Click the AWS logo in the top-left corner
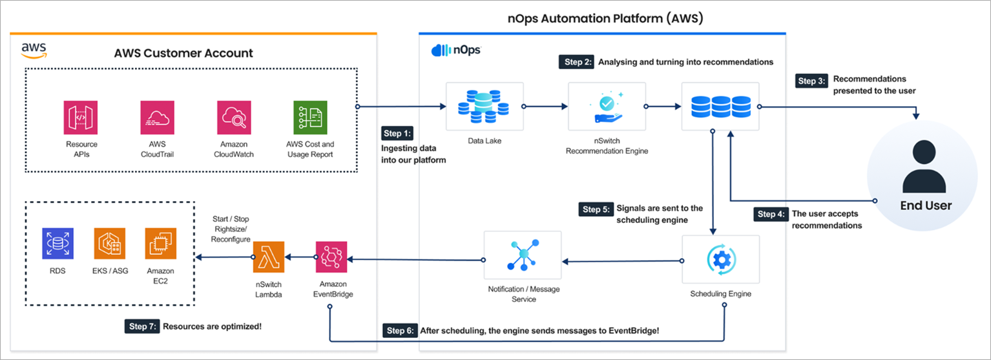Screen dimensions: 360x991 pos(33,50)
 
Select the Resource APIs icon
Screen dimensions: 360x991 pos(81,117)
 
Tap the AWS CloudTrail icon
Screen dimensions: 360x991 pos(158,117)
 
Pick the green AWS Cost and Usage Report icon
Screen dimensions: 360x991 pos(310,117)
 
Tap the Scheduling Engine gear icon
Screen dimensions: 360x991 pos(720,259)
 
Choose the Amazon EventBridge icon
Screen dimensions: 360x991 pos(331,259)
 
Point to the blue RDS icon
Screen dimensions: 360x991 pos(58,244)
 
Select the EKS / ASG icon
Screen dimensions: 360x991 pos(110,244)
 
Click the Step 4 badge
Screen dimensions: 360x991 pos(771,214)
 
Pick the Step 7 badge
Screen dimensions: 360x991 pos(141,326)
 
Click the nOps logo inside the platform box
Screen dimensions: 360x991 pos(455,50)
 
